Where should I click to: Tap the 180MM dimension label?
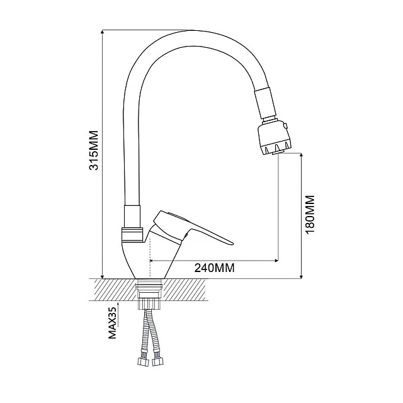310,215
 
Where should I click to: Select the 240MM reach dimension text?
214,267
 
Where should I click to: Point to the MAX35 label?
113,322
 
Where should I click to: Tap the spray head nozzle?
275,139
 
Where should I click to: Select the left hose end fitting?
140,363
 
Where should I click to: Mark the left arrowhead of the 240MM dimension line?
153,260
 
